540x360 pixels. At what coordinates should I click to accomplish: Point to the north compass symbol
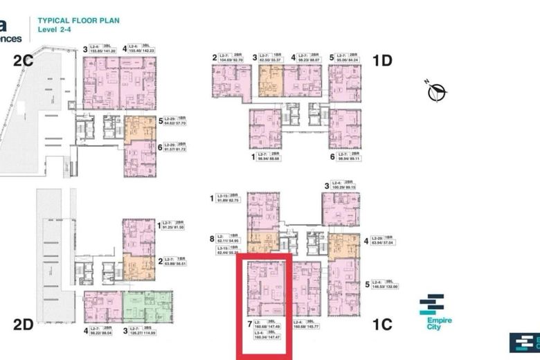pos(437,91)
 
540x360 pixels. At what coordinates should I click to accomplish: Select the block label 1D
pos(382,61)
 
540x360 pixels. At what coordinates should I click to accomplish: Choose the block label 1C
pos(382,324)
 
